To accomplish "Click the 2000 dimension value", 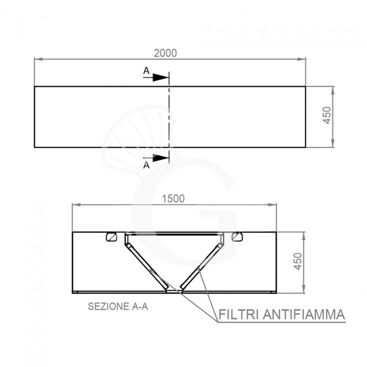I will [165, 53].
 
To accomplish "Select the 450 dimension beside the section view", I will [298, 261].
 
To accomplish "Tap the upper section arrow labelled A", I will [159, 78].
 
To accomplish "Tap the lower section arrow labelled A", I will [159, 158].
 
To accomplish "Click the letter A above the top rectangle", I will [145, 71].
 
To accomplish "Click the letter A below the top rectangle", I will [146, 166].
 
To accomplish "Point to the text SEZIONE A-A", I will [118, 307].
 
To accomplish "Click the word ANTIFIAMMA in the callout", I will [304, 315].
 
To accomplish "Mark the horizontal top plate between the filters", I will [173, 234].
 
